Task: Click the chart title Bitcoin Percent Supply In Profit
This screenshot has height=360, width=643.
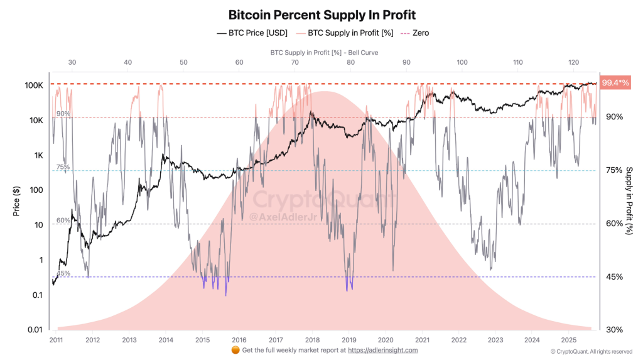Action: [321, 14]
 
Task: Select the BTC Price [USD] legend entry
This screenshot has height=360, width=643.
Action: [252, 33]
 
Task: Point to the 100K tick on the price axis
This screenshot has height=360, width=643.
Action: [34, 85]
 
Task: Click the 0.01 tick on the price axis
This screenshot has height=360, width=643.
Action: [35, 330]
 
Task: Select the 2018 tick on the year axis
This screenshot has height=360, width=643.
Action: [312, 339]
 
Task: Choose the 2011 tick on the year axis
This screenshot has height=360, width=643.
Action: [57, 339]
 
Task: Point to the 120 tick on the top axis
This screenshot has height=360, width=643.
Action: [573, 63]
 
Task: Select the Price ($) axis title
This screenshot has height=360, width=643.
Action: [17, 199]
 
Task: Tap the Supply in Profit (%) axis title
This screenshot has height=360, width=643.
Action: [629, 201]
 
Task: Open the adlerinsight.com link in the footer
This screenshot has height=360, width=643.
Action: [382, 350]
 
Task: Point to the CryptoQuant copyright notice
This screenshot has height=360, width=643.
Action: [591, 351]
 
